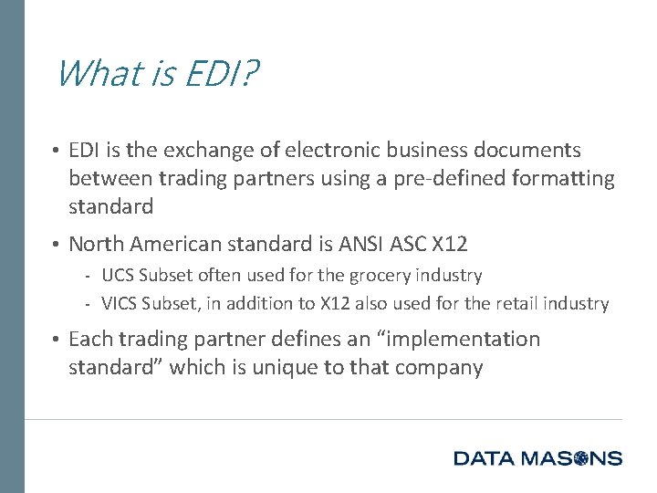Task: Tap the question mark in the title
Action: pos(249,73)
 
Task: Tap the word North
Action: pos(96,244)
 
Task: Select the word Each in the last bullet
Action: pos(89,340)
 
